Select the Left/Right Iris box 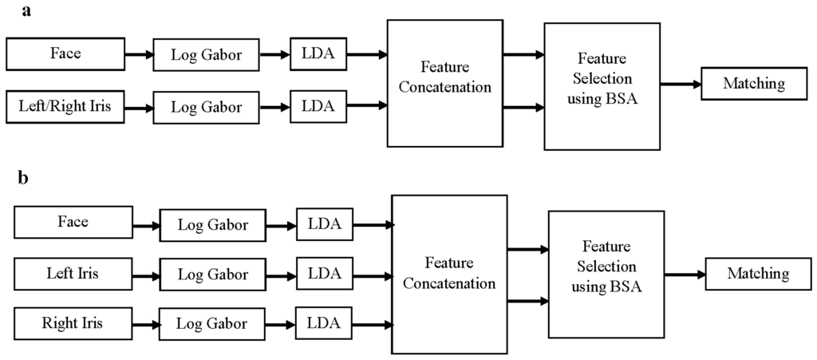pyautogui.click(x=65, y=106)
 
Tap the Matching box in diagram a pyautogui.click(x=753, y=83)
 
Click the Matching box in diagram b pyautogui.click(x=757, y=274)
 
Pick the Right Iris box pyautogui.click(x=73, y=324)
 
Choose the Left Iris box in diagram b pyautogui.click(x=73, y=274)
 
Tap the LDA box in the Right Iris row pyautogui.click(x=324, y=324)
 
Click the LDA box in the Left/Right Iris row pyautogui.click(x=318, y=105)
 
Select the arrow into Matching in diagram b pyautogui.click(x=684, y=274)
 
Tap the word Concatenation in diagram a pyautogui.click(x=445, y=88)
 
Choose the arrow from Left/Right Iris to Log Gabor pyautogui.click(x=139, y=107)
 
